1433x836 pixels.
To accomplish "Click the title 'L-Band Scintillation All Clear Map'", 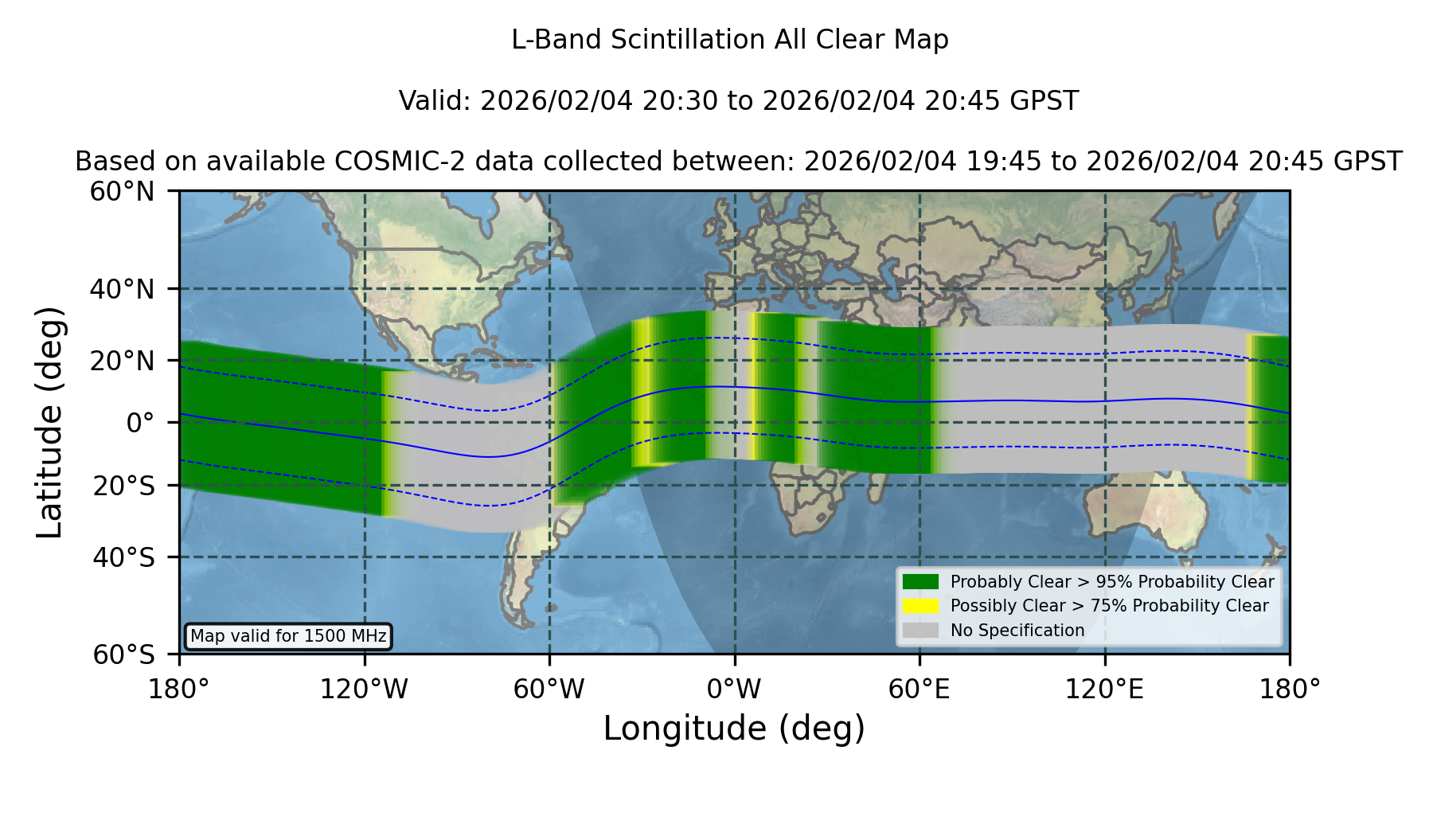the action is pyautogui.click(x=730, y=40).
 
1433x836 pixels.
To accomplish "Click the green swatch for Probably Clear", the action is pyautogui.click(x=920, y=582).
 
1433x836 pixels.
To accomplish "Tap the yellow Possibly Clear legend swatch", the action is pyautogui.click(x=920, y=606).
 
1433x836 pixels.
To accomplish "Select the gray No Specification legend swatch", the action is pyautogui.click(x=920, y=631).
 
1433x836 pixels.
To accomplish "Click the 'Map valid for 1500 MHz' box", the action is pyautogui.click(x=288, y=636).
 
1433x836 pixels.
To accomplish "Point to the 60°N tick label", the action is pyautogui.click(x=122, y=192).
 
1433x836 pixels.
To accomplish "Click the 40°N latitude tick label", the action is pyautogui.click(x=122, y=289).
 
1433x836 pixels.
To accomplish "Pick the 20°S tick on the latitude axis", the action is pyautogui.click(x=124, y=486).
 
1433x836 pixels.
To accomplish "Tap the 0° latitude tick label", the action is pyautogui.click(x=140, y=423).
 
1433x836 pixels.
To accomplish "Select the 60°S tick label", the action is pyautogui.click(x=124, y=654).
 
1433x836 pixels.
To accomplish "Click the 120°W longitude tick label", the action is pyautogui.click(x=364, y=690).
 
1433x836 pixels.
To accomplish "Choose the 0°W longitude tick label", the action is pyautogui.click(x=735, y=690).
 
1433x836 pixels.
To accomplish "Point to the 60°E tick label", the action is pyautogui.click(x=920, y=690).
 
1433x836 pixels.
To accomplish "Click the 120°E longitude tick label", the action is pyautogui.click(x=1105, y=690).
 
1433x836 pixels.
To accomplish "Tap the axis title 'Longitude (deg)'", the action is pyautogui.click(x=734, y=729).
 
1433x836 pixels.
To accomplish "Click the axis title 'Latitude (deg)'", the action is pyautogui.click(x=49, y=422).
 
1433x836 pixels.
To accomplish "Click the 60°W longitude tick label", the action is pyautogui.click(x=549, y=690).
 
